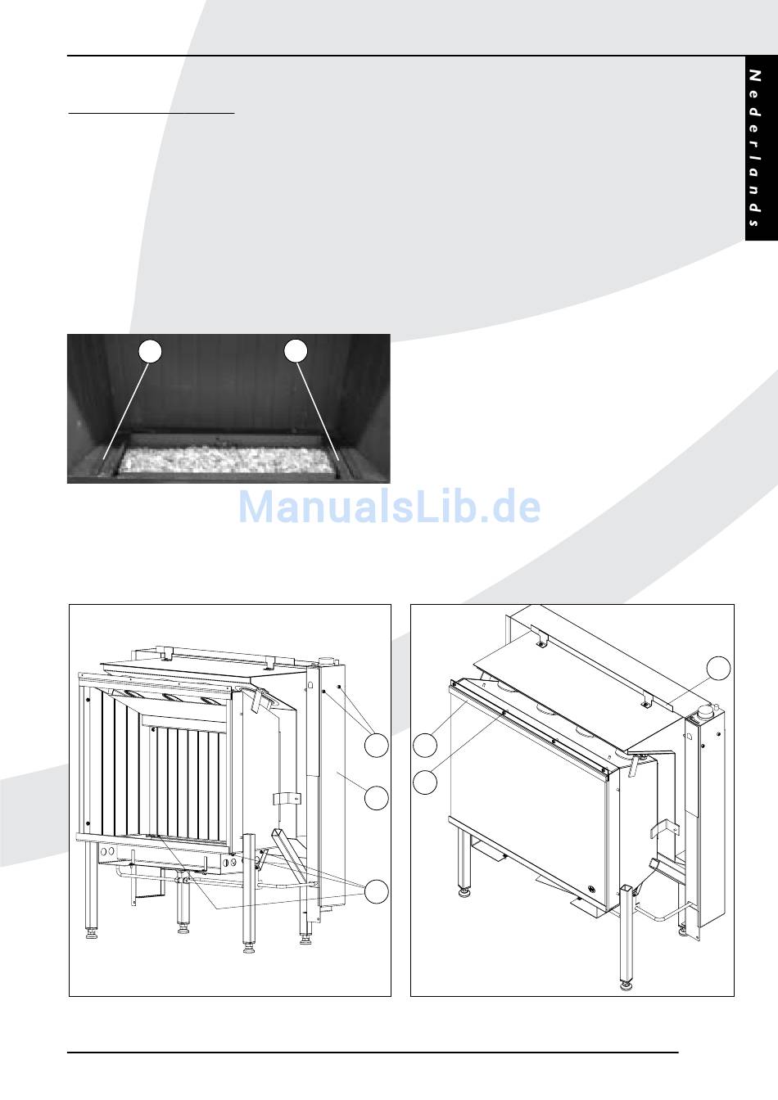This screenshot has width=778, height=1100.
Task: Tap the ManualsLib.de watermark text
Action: click(389, 507)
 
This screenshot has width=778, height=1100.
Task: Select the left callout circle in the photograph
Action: click(149, 351)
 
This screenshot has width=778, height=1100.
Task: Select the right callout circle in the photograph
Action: click(296, 351)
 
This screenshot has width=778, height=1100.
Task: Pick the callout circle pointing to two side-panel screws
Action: click(376, 746)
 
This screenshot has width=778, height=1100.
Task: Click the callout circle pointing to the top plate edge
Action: click(718, 667)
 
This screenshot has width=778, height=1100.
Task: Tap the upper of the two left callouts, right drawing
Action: click(424, 746)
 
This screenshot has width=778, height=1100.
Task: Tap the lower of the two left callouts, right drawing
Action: click(424, 782)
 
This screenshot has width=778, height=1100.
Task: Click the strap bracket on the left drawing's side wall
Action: click(281, 800)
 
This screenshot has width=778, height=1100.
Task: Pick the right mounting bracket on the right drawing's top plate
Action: click(646, 698)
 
